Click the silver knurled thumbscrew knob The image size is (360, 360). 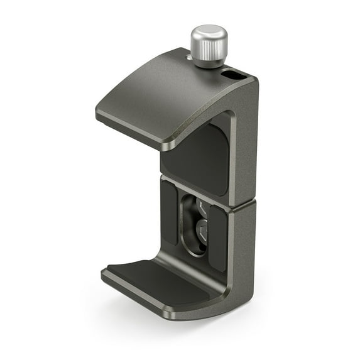(x=209, y=45)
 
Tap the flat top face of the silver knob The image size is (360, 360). (x=209, y=33)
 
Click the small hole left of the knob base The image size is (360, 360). (x=188, y=58)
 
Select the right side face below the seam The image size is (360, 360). (x=244, y=251)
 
